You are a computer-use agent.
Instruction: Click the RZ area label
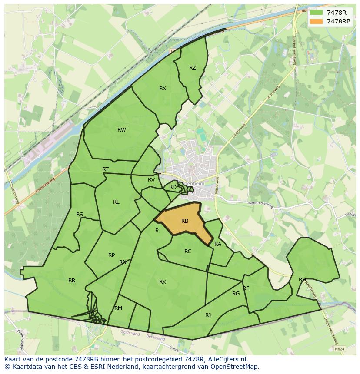[x=193, y=68]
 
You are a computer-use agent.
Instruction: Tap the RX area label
[x=163, y=89]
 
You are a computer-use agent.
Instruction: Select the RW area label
[x=122, y=130]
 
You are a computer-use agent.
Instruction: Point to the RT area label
[x=105, y=169]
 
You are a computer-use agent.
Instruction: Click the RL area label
[x=116, y=202]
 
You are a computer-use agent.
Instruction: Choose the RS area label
[x=80, y=215]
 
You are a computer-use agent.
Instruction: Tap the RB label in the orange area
[x=185, y=221]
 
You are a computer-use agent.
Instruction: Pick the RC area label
[x=188, y=252]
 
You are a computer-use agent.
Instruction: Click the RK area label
[x=163, y=282]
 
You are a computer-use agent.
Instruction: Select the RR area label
[x=72, y=281]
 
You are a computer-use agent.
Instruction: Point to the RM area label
[x=118, y=308]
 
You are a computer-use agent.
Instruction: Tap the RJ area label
[x=208, y=315]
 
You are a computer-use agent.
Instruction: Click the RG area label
[x=236, y=294]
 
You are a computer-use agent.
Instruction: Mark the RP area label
[x=112, y=255]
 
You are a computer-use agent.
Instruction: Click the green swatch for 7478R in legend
[x=317, y=13]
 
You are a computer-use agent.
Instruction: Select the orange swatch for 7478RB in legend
[x=317, y=21]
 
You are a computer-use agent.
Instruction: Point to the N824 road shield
[x=340, y=348]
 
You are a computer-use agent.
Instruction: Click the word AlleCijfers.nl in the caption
[x=226, y=359]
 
